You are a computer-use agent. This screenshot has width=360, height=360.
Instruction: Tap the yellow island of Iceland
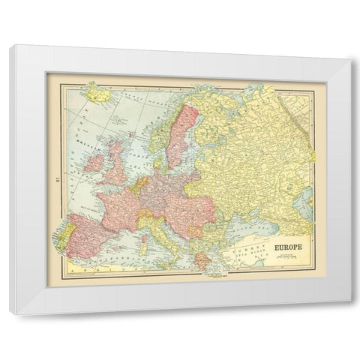click(94, 95)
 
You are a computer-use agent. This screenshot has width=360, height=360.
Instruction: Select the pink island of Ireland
click(94, 162)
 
